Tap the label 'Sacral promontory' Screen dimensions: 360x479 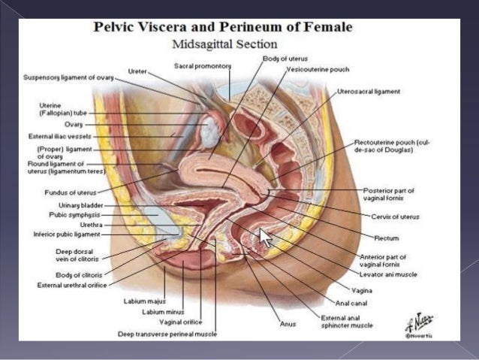tap(201, 66)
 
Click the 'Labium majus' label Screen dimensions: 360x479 tap(139, 301)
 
